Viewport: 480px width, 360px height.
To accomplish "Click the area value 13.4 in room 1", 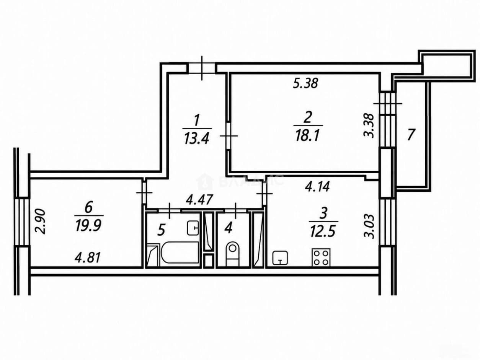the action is coord(197,139).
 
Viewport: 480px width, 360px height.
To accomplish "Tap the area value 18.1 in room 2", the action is coord(308,135).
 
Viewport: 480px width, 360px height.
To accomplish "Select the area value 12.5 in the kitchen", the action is coord(323,231).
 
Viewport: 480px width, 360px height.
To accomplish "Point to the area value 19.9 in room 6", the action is coord(88,226).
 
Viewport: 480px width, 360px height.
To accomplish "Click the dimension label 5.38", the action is coord(305,83).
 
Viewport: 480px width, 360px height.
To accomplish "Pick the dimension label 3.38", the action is coord(369,125).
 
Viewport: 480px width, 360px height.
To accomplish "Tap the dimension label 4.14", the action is coord(317,187).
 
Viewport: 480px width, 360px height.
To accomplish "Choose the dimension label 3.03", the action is coord(369,226).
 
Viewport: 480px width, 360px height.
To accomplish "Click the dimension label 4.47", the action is coord(199,200).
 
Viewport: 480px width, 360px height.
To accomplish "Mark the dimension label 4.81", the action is coord(88,258).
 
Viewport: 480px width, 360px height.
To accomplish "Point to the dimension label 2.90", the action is coord(41,222).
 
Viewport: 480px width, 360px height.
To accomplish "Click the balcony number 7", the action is coord(411,135).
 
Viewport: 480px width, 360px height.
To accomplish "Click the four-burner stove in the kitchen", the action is coord(321,257).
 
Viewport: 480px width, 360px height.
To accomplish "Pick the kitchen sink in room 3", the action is coord(280,258).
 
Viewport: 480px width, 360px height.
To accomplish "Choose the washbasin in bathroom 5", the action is coord(193,228).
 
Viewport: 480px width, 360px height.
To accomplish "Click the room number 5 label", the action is coord(161,230).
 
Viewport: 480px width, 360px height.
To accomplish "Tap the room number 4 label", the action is coord(228,228).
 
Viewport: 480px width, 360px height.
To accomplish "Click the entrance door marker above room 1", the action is coord(202,68).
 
